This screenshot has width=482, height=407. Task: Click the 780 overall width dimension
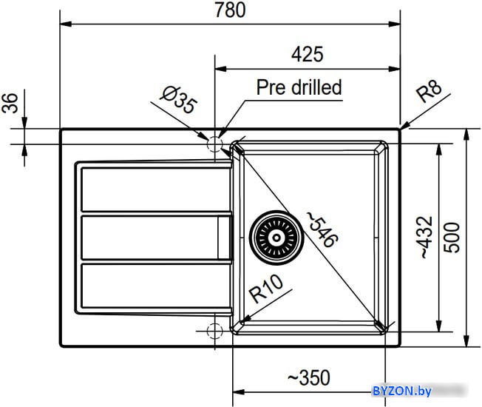(230, 10)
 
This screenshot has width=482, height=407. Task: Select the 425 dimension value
(307, 54)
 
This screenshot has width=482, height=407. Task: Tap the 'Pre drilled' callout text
(299, 87)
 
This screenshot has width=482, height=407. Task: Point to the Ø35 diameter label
(178, 99)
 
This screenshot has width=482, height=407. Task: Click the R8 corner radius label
(429, 90)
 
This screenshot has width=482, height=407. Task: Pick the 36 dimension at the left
(10, 103)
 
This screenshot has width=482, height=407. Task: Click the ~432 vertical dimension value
(427, 238)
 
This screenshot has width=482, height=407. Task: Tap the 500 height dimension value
(452, 238)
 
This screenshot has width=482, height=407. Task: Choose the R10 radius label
(266, 289)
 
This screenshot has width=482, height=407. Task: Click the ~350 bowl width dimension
(308, 378)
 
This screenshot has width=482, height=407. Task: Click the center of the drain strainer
(276, 238)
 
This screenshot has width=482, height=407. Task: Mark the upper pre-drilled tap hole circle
(214, 144)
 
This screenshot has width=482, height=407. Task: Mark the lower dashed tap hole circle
(214, 331)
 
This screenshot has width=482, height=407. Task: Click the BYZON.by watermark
(402, 391)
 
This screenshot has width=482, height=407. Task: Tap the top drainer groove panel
(156, 189)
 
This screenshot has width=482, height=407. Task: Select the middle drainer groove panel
(156, 238)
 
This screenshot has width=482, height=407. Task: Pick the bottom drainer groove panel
(156, 286)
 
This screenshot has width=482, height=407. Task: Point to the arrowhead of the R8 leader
(402, 128)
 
